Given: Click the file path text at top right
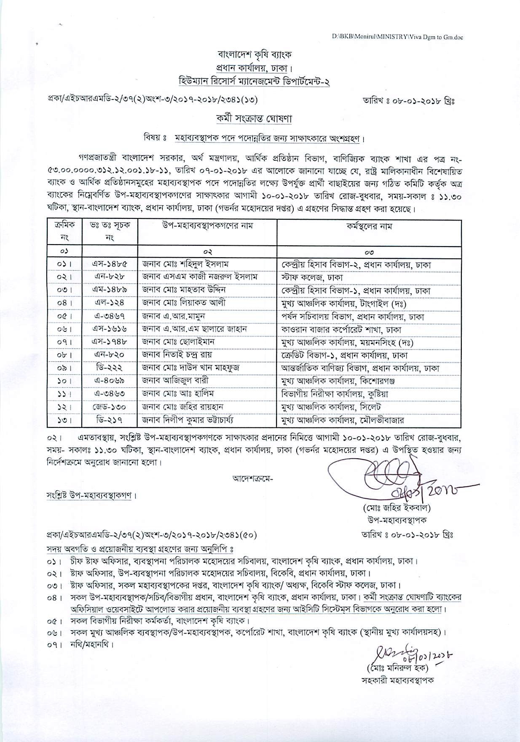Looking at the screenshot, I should (x=397, y=37).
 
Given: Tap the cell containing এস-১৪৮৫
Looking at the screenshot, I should (x=110, y=264).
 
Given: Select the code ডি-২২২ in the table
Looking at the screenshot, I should (x=110, y=368).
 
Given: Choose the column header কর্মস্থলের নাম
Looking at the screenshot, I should (x=370, y=226).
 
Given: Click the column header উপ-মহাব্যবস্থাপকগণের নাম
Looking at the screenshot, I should (x=207, y=226).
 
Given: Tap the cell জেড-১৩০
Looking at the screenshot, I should (x=110, y=407).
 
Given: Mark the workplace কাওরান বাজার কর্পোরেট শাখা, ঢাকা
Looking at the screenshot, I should (x=341, y=329).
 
